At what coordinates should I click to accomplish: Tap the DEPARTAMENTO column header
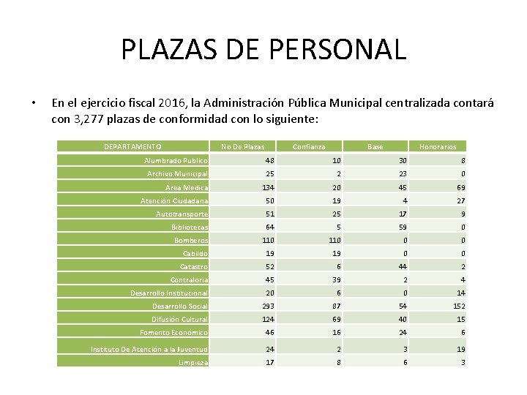point(132,146)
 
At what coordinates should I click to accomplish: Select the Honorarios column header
point(438,146)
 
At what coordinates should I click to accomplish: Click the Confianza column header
point(309,146)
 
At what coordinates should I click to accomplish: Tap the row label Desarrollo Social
point(179,306)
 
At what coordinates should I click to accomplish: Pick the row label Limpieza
point(193,363)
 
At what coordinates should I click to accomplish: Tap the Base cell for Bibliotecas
point(401,227)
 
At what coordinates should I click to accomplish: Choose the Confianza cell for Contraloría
point(335,280)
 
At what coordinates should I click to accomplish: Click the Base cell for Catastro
point(401,267)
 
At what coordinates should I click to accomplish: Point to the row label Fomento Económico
point(174,333)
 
